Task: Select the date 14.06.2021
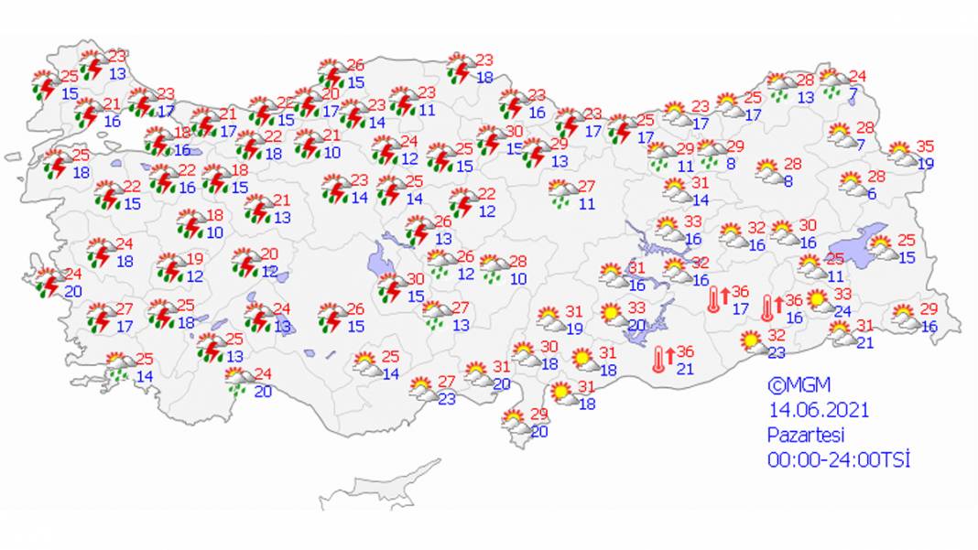(818, 410)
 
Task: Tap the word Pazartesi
(805, 435)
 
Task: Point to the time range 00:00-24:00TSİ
(839, 459)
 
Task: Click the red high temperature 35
(925, 146)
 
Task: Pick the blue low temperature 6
(872, 194)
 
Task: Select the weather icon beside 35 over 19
(901, 153)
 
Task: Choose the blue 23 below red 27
(446, 398)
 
